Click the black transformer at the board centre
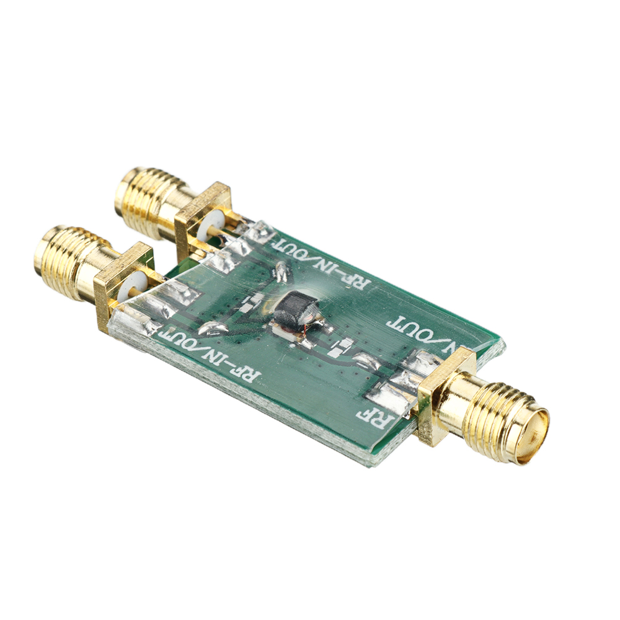coord(296,309)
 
